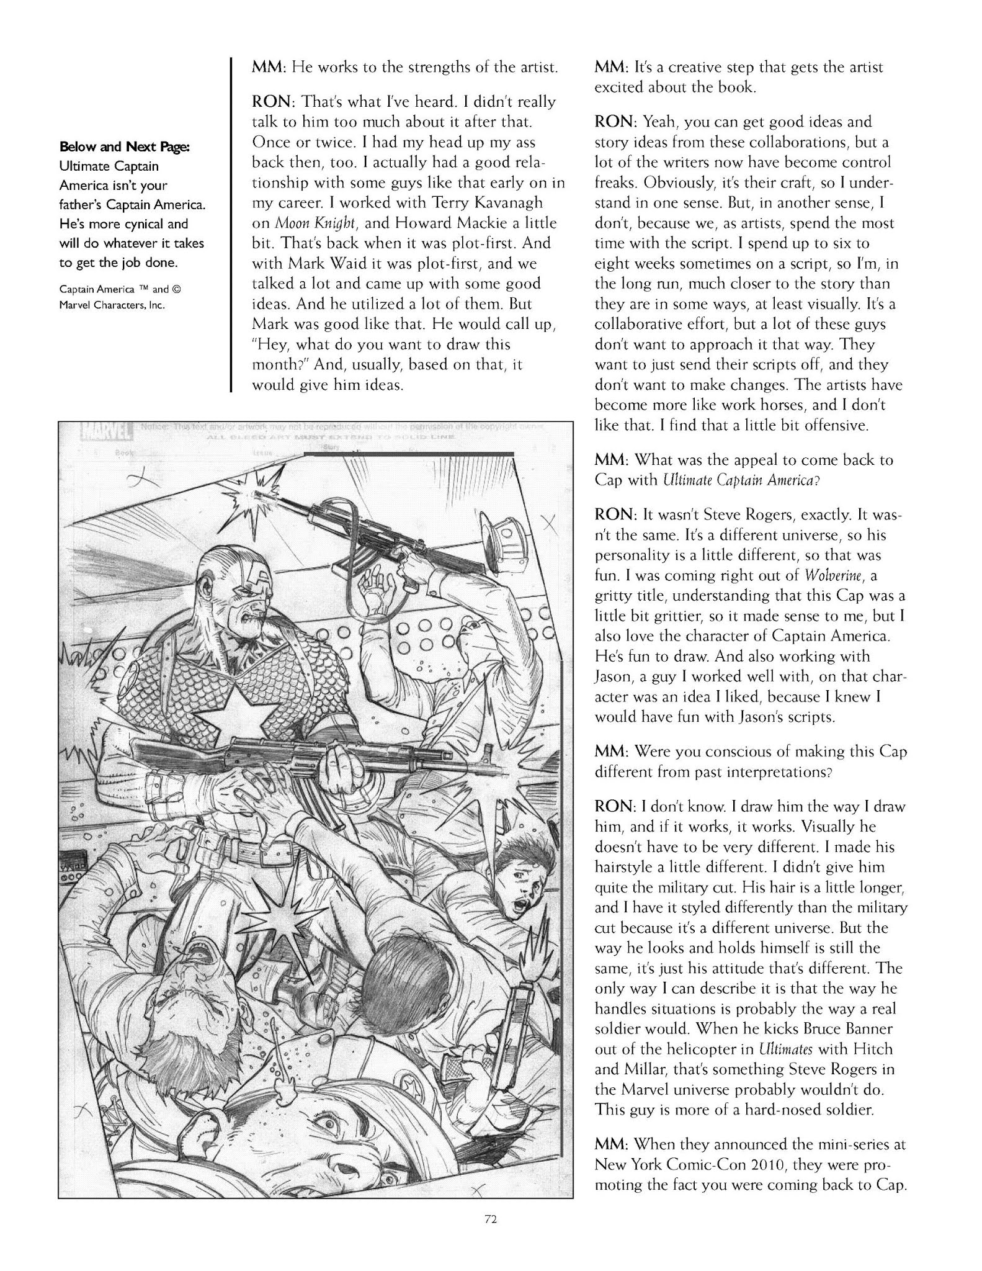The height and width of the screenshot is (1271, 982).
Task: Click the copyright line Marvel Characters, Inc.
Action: tap(112, 305)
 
